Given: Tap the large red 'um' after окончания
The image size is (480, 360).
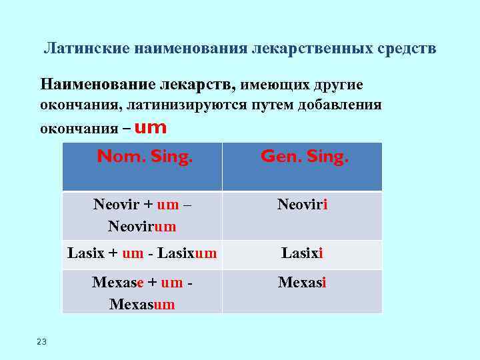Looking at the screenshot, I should [150, 127].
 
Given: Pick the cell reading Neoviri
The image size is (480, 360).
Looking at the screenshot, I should [302, 205].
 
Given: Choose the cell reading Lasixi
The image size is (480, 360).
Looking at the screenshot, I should [302, 253].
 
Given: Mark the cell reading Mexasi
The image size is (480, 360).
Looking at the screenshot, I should [302, 283].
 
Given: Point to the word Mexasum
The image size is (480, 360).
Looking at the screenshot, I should [142, 304].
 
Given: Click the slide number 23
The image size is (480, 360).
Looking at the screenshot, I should [42, 342].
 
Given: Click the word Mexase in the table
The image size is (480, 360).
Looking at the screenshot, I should [117, 283].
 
